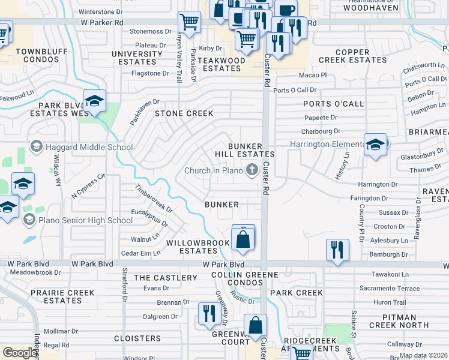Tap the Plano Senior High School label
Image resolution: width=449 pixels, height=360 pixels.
coord(85,220)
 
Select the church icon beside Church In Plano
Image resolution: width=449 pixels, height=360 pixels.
coord(252,170)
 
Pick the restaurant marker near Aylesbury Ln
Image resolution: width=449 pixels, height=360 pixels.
coord(337,250)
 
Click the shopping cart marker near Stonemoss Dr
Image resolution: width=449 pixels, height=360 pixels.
coord(189,23)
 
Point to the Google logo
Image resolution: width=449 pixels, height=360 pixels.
coord(20,353)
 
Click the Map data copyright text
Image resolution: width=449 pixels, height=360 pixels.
coord(423,355)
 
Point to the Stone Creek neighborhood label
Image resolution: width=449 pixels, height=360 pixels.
coord(184,113)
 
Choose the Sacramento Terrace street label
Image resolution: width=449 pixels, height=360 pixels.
coord(390,289)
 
